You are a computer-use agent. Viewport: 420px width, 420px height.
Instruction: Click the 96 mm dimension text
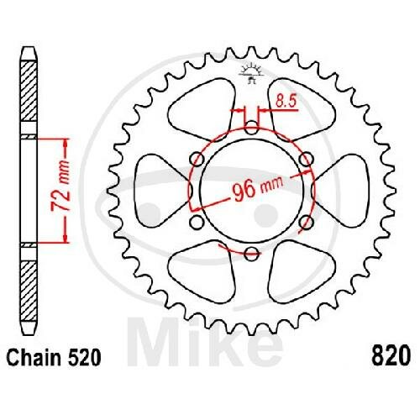click(x=258, y=189)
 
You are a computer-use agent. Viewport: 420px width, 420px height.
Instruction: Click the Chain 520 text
click(x=54, y=357)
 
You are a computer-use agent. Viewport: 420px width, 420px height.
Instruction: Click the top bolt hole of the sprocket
click(x=252, y=128)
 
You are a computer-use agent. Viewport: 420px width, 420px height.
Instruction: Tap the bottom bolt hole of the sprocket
click(x=251, y=254)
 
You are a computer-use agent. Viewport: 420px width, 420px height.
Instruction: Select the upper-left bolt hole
click(x=197, y=160)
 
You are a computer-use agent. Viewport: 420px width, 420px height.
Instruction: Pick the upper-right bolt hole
click(x=306, y=159)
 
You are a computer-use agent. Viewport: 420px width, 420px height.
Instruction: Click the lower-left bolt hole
click(x=197, y=222)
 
